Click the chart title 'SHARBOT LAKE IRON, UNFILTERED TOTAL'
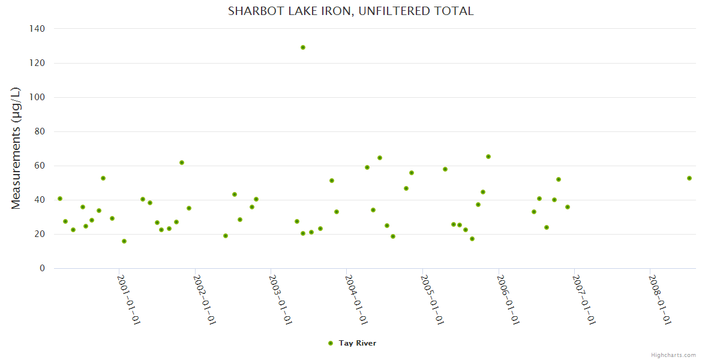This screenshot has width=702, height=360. (x=350, y=11)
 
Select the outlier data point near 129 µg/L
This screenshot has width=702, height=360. (x=303, y=47)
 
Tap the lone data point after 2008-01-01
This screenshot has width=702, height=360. (x=689, y=178)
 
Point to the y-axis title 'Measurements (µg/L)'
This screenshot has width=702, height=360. (x=16, y=148)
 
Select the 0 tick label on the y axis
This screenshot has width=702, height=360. (x=42, y=268)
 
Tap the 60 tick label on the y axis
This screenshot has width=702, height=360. (x=40, y=166)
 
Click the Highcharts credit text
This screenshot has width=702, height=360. (x=673, y=355)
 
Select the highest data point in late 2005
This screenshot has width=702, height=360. (x=488, y=157)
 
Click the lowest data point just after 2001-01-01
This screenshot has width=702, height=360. (x=124, y=241)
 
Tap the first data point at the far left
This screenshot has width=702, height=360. (x=60, y=199)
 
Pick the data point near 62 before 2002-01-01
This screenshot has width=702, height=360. (x=182, y=163)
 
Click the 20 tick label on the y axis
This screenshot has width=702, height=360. (x=40, y=234)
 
